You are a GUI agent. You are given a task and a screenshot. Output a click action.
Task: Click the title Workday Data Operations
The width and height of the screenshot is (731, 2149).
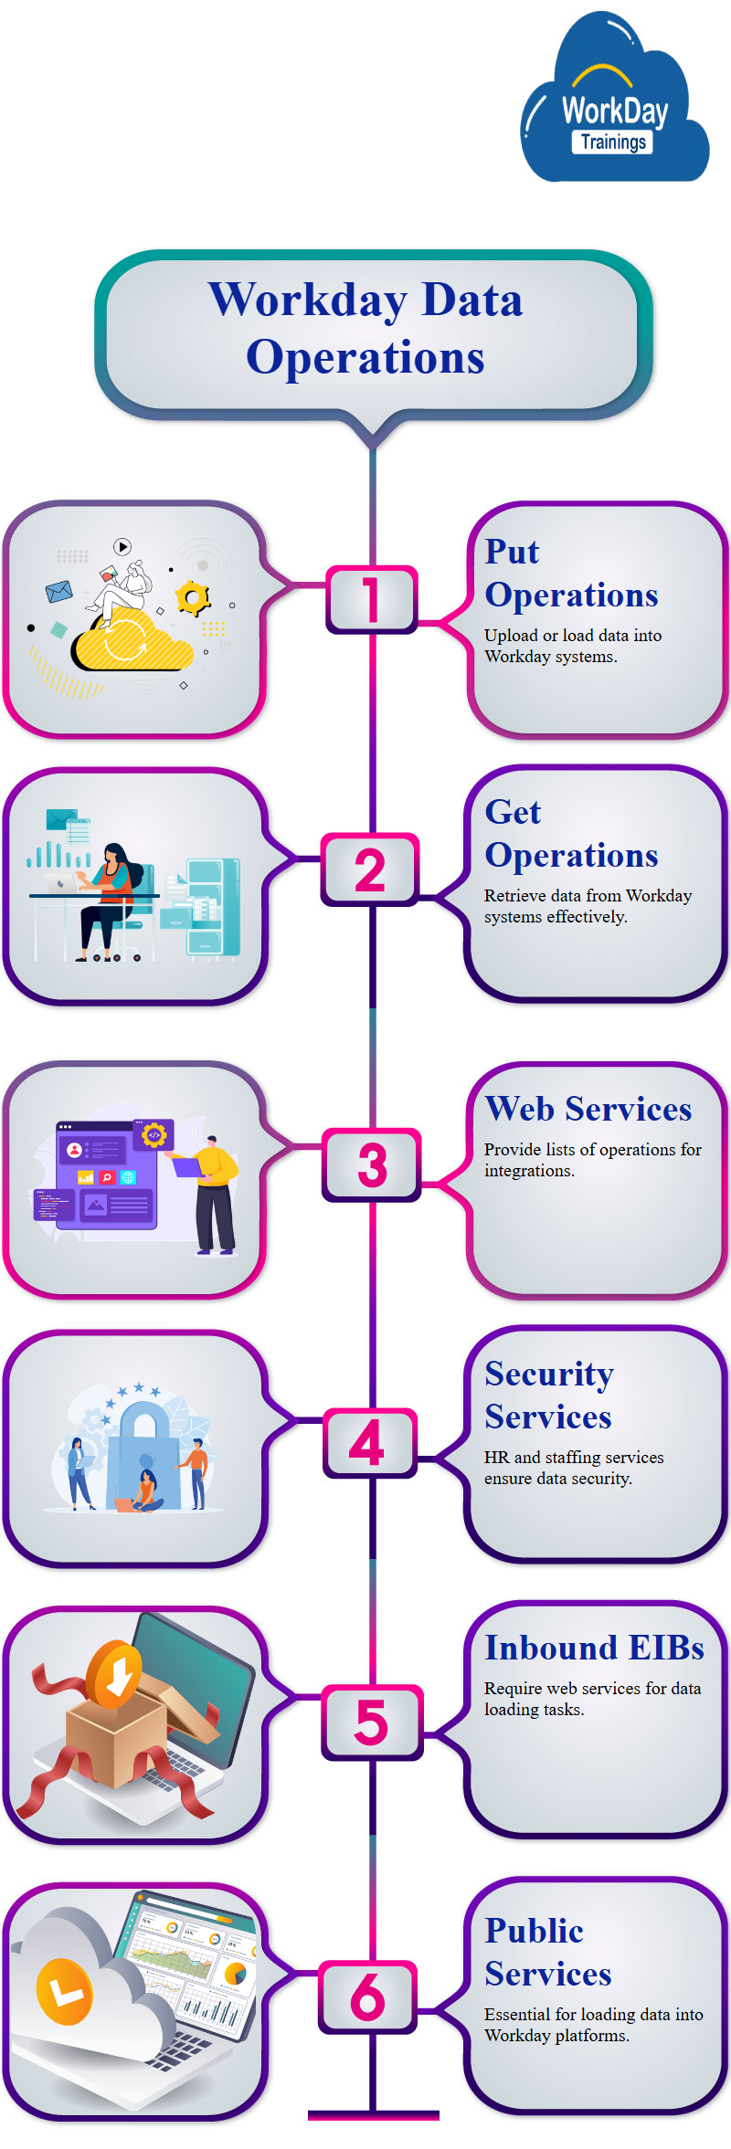click(365, 328)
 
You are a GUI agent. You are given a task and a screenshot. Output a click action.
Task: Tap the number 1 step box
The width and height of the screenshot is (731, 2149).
click(371, 599)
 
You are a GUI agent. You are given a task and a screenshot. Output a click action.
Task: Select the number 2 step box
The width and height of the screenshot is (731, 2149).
click(370, 869)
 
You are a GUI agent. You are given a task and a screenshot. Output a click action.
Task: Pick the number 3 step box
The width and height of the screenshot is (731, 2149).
click(372, 1164)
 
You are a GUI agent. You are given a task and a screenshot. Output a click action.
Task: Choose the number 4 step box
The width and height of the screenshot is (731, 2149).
click(368, 1443)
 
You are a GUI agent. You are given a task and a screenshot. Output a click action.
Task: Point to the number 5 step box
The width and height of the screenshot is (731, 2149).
click(371, 1722)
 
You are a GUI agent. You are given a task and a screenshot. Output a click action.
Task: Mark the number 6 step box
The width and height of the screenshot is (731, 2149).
click(368, 1996)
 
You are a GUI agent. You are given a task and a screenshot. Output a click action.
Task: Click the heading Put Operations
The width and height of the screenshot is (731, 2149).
click(570, 573)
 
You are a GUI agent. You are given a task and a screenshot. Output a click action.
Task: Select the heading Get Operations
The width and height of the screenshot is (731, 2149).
click(570, 833)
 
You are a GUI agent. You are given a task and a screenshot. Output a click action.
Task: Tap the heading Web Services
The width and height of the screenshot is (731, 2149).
click(588, 1109)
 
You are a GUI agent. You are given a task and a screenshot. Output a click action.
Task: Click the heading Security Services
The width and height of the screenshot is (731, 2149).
click(548, 1395)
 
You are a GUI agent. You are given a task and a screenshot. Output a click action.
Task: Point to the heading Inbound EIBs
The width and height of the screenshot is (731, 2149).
click(594, 1648)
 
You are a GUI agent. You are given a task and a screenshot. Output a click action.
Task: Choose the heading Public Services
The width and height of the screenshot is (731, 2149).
click(547, 1952)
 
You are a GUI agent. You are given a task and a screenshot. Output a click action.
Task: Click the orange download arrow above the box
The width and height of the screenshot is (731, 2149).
click(115, 1674)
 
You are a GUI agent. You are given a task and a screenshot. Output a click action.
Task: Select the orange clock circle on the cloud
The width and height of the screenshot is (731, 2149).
click(65, 1991)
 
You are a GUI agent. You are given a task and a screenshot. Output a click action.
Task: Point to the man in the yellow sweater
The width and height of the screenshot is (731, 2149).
click(215, 1192)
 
